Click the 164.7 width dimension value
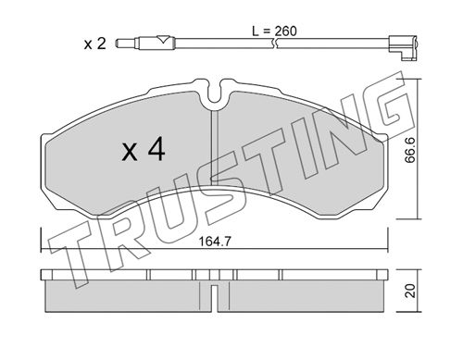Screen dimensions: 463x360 [x=215, y=242]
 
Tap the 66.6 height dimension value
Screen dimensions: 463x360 [x=410, y=151]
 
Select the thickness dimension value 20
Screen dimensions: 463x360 [x=410, y=291]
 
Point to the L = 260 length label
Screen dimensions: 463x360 [x=274, y=31]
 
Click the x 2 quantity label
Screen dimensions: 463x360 [x=95, y=44]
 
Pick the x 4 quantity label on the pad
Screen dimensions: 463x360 [x=144, y=150]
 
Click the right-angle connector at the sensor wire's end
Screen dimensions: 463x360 [x=404, y=47]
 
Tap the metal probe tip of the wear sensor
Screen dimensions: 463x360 [x=127, y=43]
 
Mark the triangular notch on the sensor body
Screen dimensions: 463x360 [x=163, y=39]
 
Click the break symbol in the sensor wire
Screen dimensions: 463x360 [x=275, y=43]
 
